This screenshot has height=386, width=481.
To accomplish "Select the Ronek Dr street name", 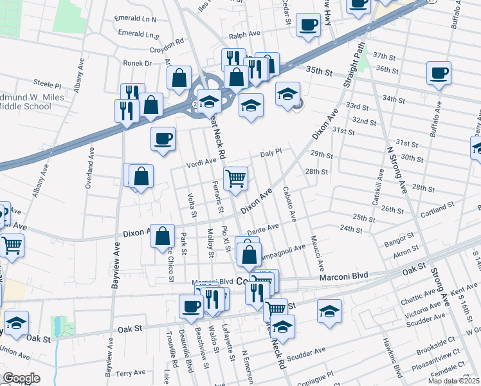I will [x=138, y=63].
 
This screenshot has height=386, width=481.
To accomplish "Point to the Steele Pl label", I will [x=48, y=84].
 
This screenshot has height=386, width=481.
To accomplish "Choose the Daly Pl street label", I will [x=271, y=154].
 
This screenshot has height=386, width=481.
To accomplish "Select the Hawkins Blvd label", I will [x=390, y=364].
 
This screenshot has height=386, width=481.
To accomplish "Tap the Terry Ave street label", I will [x=131, y=372].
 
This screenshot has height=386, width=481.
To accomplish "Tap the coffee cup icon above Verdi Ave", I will [x=163, y=138].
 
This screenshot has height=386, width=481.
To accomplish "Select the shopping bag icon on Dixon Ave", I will [x=163, y=235].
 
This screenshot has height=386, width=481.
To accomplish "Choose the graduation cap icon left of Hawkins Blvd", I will [x=329, y=311].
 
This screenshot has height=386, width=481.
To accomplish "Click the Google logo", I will [x=21, y=378].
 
